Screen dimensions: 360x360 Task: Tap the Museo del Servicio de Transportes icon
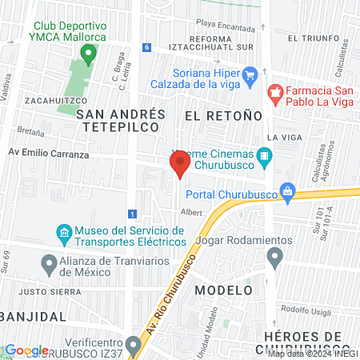click(64, 234)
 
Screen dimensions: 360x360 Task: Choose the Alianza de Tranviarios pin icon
click(47, 262)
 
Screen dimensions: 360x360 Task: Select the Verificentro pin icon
click(133, 344)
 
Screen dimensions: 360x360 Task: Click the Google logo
click(26, 350)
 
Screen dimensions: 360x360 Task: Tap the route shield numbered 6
click(147, 47)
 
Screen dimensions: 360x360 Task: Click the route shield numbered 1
click(131, 214)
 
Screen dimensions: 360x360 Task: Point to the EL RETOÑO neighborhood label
click(223, 116)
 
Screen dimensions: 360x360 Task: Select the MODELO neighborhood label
click(223, 290)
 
